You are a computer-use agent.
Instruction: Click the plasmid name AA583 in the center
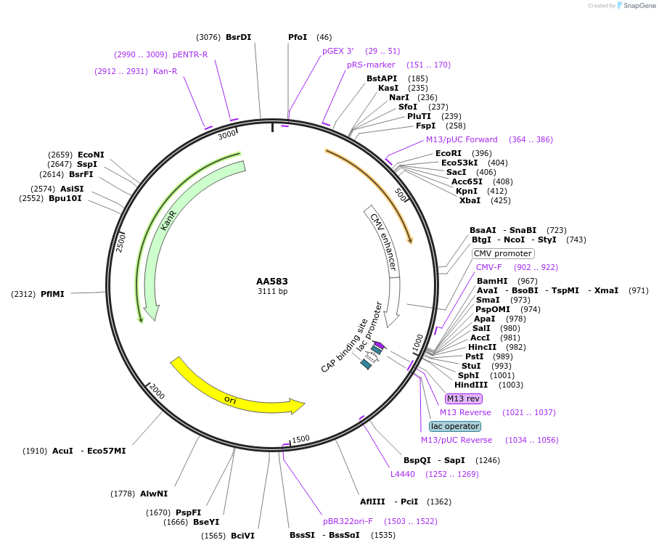(272, 281)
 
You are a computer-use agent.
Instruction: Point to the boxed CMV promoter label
(503, 253)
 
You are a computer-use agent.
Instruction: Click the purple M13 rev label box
(463, 398)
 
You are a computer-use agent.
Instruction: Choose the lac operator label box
(455, 426)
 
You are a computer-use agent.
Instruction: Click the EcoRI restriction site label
(449, 153)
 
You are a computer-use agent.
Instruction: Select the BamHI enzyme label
(492, 281)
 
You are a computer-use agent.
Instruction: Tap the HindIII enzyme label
(470, 385)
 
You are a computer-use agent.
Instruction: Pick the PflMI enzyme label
(53, 294)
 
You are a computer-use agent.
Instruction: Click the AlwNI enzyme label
(154, 494)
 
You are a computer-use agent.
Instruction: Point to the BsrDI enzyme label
(238, 37)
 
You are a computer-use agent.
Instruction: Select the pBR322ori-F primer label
(348, 520)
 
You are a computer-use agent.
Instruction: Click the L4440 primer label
(403, 474)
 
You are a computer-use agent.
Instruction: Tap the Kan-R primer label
(165, 71)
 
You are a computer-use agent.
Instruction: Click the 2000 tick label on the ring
(157, 393)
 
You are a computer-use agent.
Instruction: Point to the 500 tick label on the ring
(400, 195)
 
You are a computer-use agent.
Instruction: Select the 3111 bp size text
(272, 291)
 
